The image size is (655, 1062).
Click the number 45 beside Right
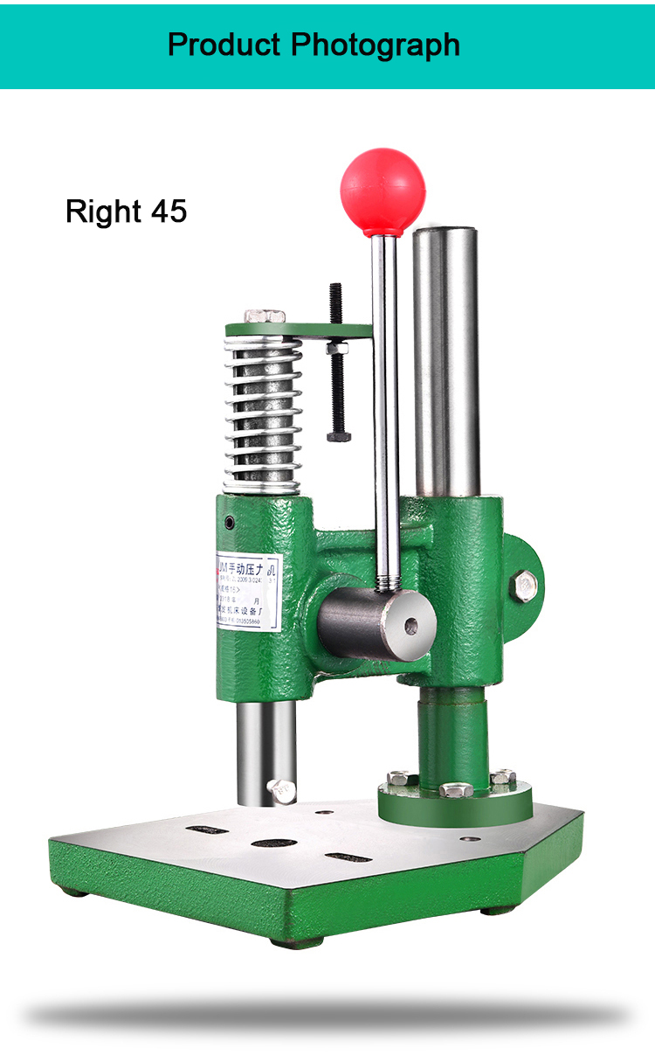(x=169, y=212)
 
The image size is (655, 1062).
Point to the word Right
(x=103, y=212)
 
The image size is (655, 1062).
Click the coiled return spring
(x=263, y=411)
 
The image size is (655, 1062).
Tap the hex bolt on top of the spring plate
(x=264, y=315)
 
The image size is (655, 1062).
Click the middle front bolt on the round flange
(x=456, y=790)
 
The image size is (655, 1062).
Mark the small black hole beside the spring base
(x=230, y=522)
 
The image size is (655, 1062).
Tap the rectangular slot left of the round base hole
(x=206, y=829)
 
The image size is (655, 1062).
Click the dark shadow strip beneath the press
(x=327, y=1015)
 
